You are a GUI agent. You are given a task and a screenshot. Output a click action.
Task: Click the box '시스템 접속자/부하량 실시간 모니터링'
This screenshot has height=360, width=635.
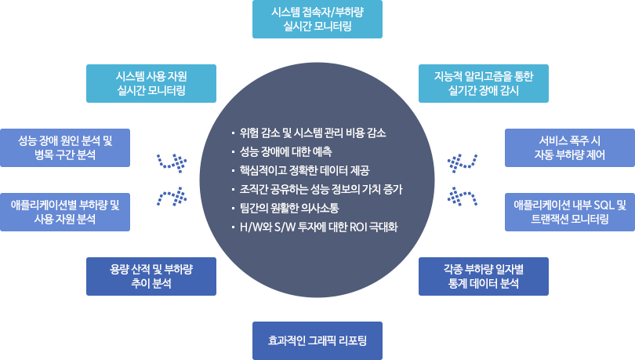(317, 20)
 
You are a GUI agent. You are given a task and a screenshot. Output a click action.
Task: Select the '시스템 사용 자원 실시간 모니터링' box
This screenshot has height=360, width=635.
(151, 82)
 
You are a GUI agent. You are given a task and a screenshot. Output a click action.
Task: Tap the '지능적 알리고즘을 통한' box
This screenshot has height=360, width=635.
(484, 82)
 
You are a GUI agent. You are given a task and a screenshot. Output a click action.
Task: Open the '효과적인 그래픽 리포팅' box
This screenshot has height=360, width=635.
(317, 340)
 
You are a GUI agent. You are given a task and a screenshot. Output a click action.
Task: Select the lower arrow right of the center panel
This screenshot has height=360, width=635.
(462, 194)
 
